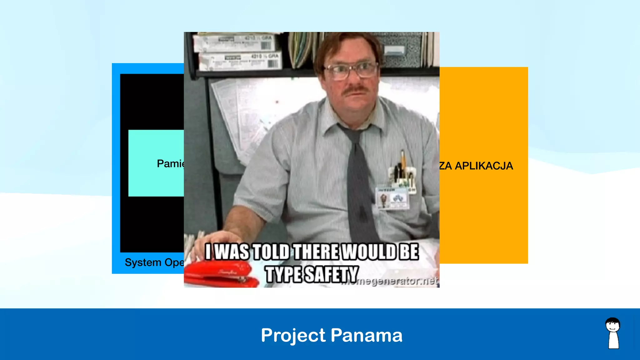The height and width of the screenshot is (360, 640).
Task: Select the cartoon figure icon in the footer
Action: click(613, 333)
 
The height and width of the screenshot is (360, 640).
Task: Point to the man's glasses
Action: click(351, 71)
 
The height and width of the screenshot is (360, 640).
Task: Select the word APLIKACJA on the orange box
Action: click(484, 166)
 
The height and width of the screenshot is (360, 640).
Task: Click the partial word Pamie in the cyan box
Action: click(171, 163)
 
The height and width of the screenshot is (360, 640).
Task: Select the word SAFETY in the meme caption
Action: click(331, 274)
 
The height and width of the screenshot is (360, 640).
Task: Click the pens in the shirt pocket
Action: click(402, 170)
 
